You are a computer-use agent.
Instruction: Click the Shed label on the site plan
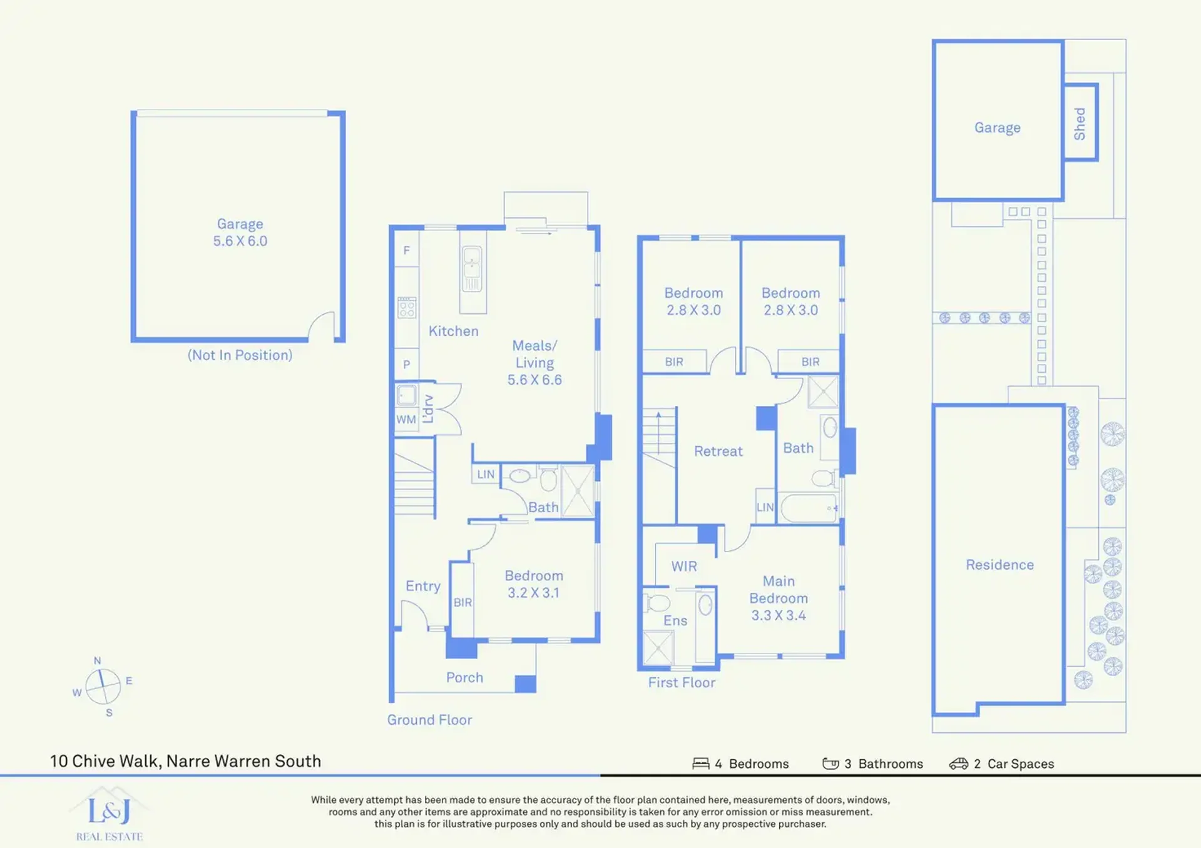(1080, 123)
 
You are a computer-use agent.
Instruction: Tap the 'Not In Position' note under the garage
(240, 355)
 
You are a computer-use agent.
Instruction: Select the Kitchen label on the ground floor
(453, 331)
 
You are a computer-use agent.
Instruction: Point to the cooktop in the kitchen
(407, 308)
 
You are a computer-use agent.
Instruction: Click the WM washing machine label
(406, 420)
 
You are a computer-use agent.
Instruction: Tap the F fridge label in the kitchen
(407, 250)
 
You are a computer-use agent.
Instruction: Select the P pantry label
(407, 364)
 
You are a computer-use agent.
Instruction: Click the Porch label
(464, 677)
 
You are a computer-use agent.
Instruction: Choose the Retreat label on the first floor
(718, 451)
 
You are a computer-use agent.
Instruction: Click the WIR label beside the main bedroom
(684, 566)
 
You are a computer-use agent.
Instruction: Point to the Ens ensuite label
(675, 620)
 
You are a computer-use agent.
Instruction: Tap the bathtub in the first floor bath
(809, 508)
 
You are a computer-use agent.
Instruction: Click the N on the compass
(97, 660)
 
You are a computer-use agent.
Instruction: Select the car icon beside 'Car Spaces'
(959, 764)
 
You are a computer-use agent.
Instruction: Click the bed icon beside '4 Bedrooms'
(701, 764)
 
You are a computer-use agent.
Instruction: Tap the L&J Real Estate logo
(110, 814)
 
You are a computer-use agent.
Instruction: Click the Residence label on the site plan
(999, 565)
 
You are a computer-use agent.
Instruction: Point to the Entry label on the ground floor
(423, 586)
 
